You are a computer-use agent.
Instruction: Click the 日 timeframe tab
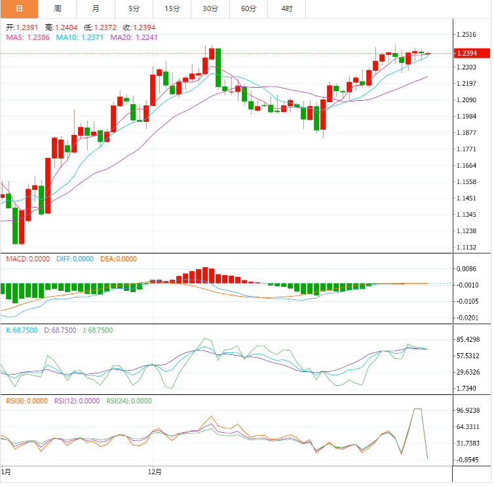pos(19,9)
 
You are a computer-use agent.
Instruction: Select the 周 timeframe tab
pos(58,9)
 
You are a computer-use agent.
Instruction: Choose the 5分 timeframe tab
pos(134,9)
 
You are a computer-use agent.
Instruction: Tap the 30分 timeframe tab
pos(210,9)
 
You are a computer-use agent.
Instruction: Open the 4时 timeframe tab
pos(287,9)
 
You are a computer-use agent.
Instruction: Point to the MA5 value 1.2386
pos(39,38)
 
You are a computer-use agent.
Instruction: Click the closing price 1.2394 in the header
pos(144,28)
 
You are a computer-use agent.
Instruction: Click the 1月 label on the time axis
pos(6,471)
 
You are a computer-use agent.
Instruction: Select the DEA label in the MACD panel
pos(107,259)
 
